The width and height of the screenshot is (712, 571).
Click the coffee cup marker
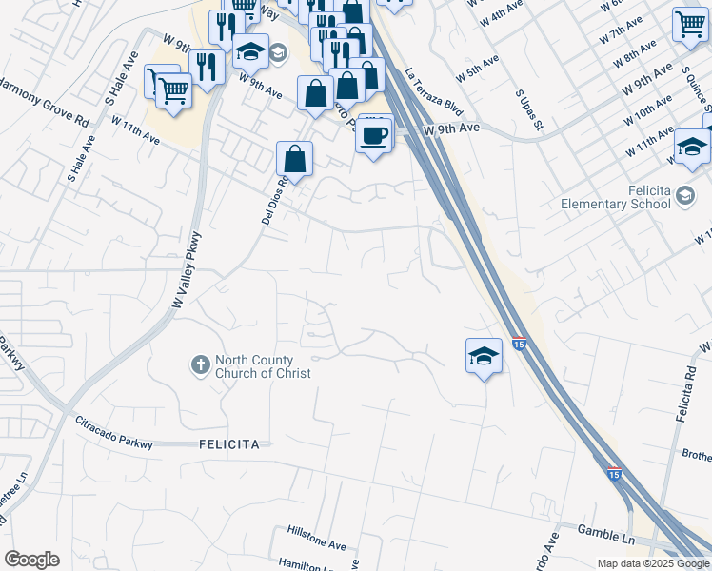click(x=375, y=134)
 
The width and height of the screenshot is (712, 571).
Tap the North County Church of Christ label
click(x=263, y=366)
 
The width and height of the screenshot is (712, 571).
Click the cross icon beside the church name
click(x=200, y=364)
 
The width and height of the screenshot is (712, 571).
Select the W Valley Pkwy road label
click(x=187, y=269)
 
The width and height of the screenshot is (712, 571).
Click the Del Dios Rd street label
click(x=274, y=197)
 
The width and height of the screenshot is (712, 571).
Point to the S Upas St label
click(x=529, y=111)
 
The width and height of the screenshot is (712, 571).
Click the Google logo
click(x=31, y=560)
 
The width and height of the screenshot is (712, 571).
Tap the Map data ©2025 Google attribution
click(x=652, y=563)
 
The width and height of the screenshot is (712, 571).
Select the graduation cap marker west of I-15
click(x=484, y=356)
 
